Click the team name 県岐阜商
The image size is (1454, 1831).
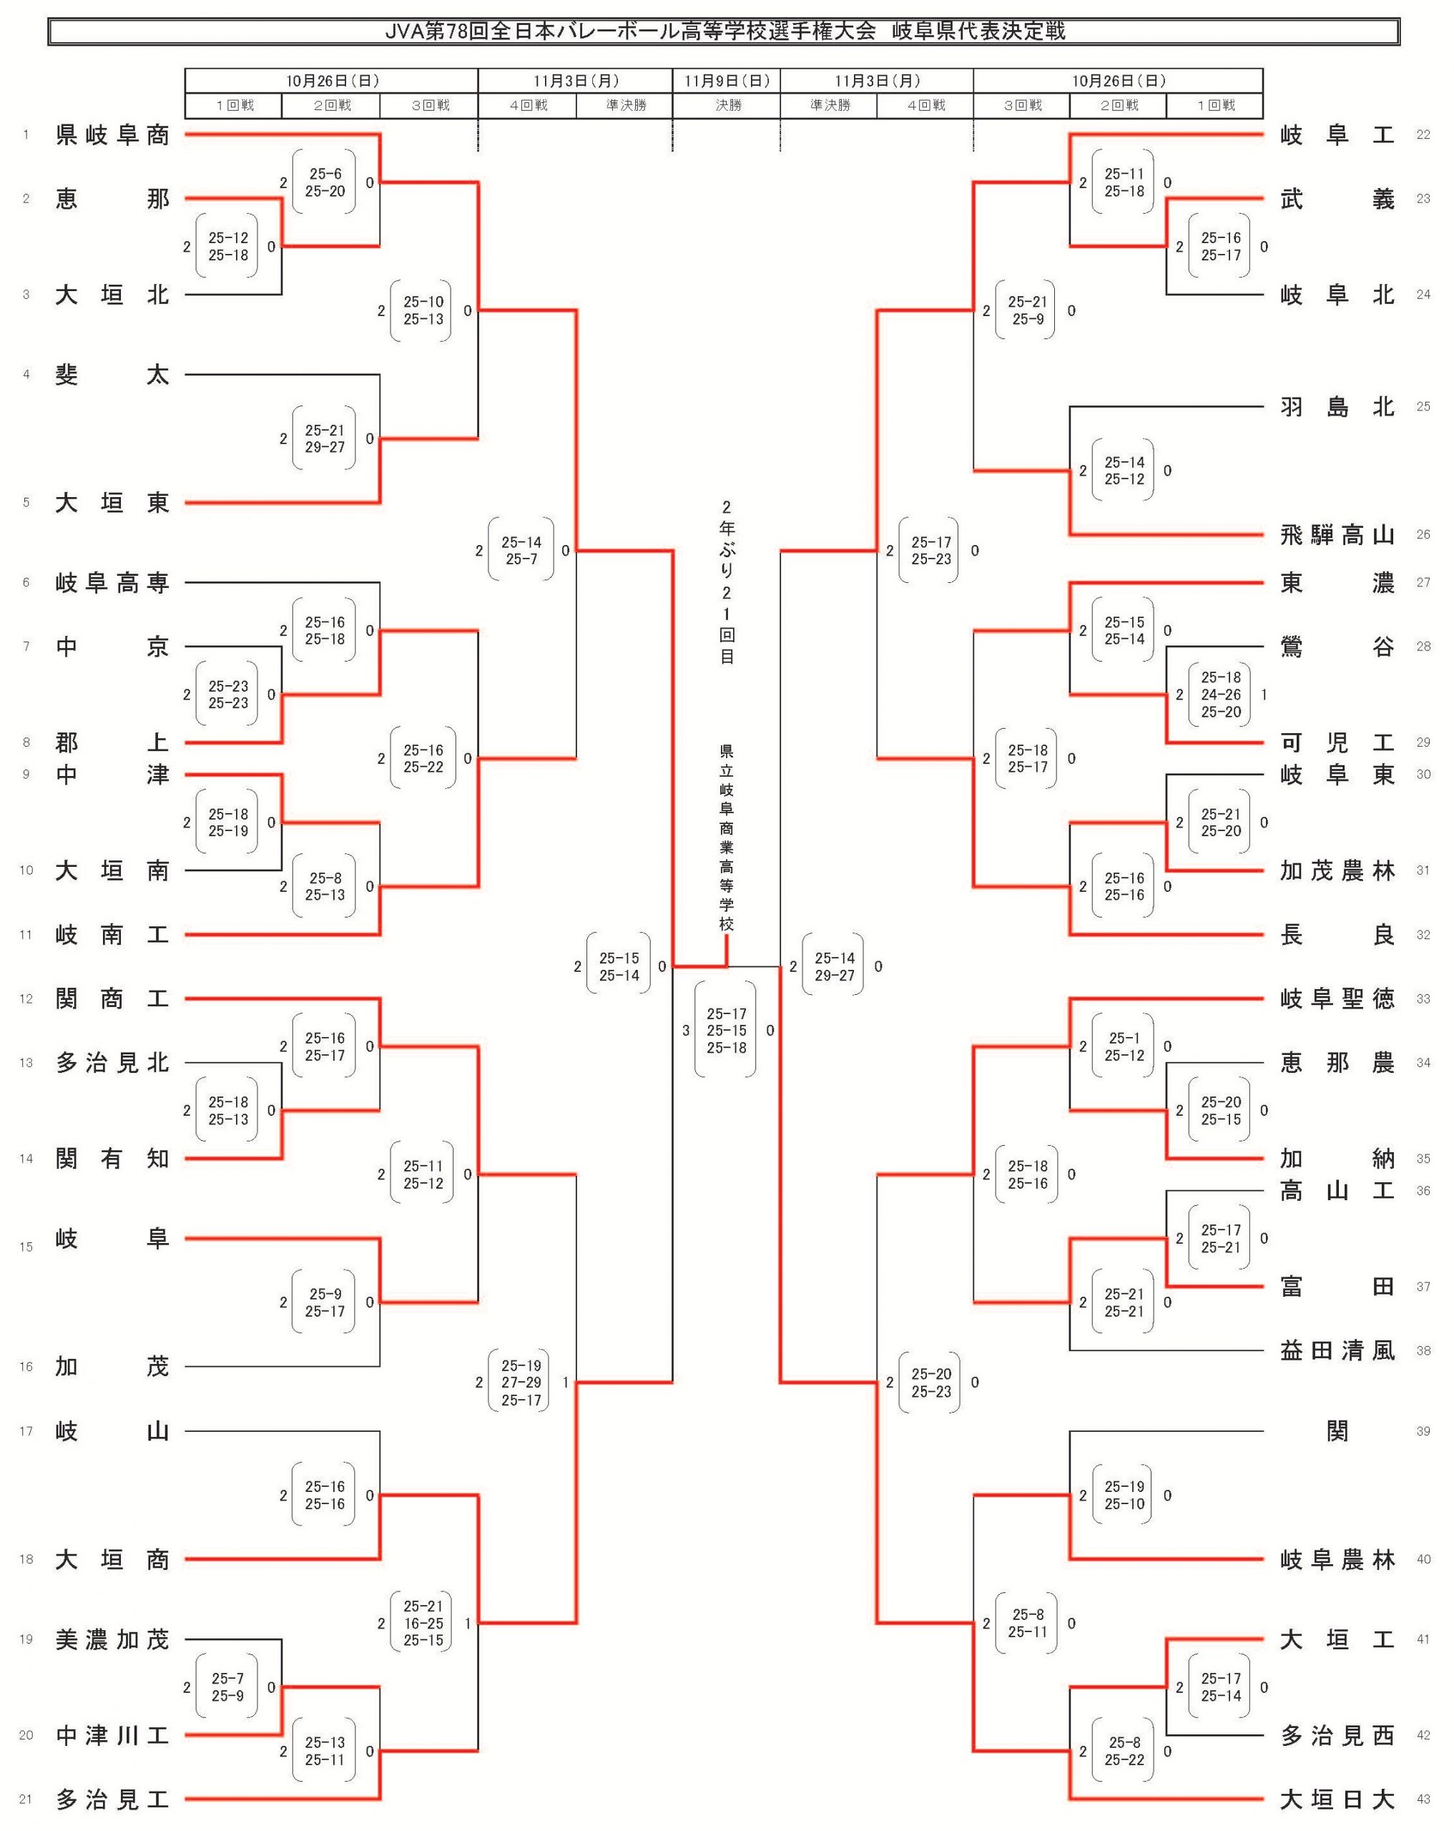click(112, 135)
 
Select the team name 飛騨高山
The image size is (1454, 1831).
click(1337, 535)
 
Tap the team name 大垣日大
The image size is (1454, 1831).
click(1337, 1799)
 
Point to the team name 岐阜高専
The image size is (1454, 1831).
click(112, 583)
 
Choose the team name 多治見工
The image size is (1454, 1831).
click(112, 1799)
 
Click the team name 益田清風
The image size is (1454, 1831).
click(1337, 1350)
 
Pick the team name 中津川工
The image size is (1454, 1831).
click(112, 1735)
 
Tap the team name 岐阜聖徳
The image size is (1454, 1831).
click(1337, 998)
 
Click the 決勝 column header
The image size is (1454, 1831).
click(727, 105)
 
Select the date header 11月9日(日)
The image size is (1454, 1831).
click(727, 81)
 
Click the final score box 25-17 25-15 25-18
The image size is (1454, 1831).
click(726, 1030)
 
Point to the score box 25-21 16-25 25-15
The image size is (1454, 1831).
click(423, 1623)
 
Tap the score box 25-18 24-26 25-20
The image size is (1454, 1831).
click(1220, 694)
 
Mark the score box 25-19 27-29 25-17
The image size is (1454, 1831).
click(521, 1383)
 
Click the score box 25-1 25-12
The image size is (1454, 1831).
click(1124, 1046)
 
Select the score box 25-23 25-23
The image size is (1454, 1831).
click(227, 694)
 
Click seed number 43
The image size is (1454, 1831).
click(1423, 1799)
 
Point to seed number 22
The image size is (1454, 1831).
click(1423, 135)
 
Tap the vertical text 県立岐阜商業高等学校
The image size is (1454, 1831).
click(726, 837)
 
